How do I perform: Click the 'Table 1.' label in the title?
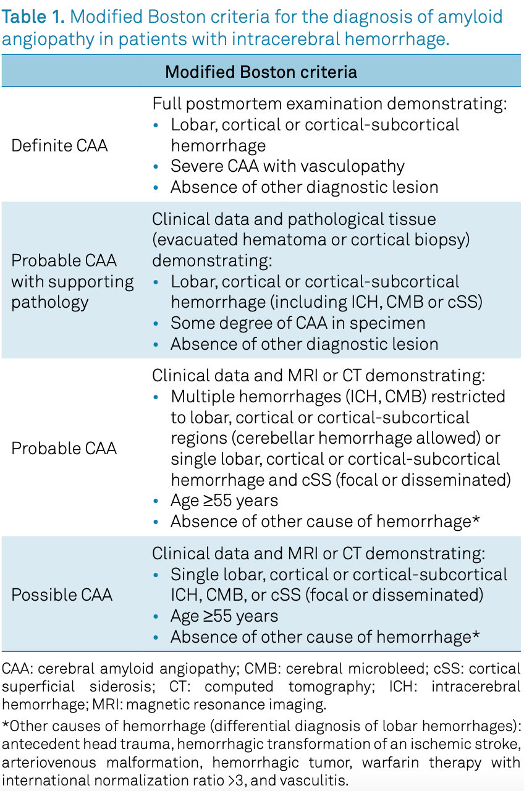point(33,17)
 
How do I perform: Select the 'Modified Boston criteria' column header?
point(261,72)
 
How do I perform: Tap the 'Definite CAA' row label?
point(59,145)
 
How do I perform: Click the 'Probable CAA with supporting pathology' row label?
point(72,281)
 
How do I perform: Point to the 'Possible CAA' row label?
point(62,594)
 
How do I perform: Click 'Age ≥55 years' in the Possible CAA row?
point(224,616)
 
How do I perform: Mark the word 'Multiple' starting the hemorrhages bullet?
point(202,397)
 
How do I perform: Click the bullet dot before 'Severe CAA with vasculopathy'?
point(156,167)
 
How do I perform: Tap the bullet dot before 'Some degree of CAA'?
point(156,323)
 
